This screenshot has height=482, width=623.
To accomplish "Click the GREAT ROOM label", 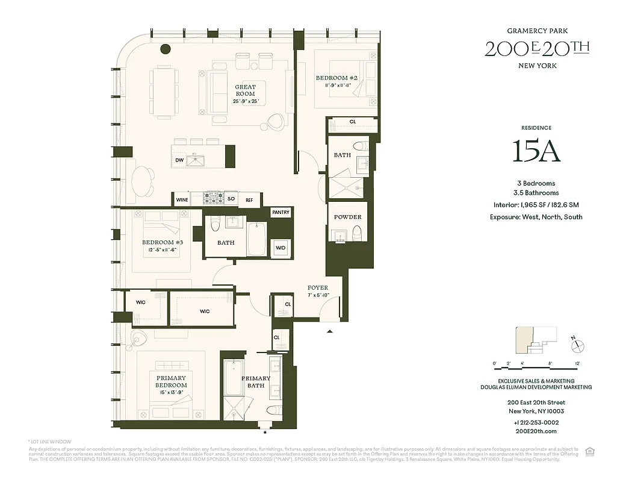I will point(245,90).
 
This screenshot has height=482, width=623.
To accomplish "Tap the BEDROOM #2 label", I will point(336,78).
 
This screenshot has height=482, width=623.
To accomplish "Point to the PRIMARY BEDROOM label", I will point(172,381).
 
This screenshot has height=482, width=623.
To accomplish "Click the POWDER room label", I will point(347,217).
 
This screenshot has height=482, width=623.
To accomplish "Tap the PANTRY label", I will point(281,213).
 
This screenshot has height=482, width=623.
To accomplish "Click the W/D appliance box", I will point(281,248).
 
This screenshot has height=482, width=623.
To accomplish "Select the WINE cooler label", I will point(181,199).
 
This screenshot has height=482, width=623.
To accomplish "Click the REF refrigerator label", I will point(249,199).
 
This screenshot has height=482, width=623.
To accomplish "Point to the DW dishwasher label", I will point(179,160).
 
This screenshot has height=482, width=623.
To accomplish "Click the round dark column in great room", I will point(165,49).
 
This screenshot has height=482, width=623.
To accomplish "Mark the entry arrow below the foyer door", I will point(329,331).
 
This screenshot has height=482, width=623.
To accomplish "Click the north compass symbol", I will point(578,345).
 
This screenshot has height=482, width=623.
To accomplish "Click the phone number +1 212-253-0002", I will point(536,422).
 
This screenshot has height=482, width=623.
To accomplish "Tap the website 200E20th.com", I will point(536,431).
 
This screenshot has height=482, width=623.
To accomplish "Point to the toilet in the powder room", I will point(357,232).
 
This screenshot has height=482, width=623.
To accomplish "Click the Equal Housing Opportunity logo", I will point(590,451).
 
